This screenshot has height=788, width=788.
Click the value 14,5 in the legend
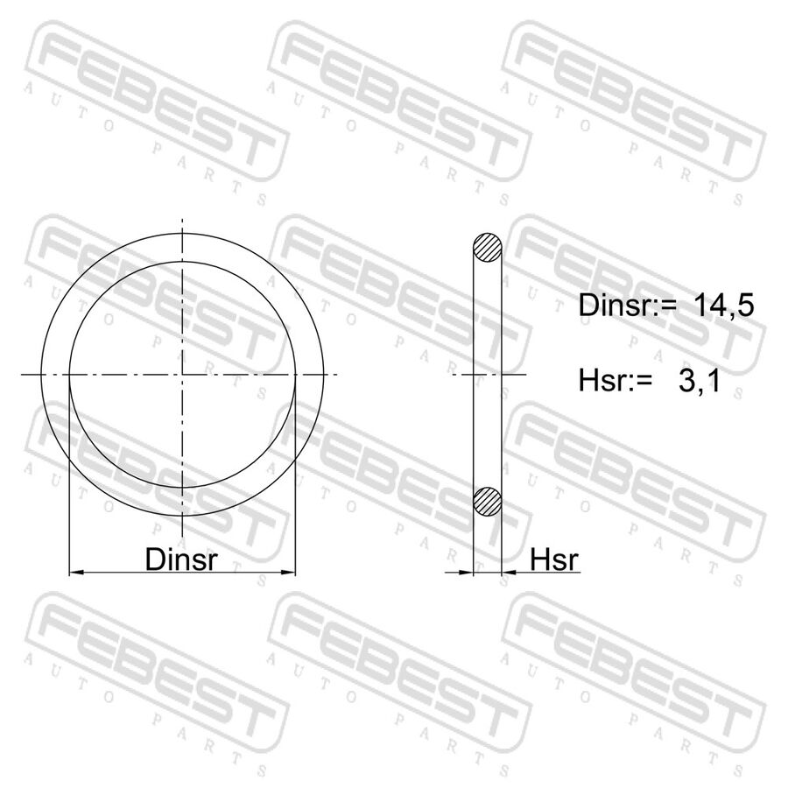pos(724,305)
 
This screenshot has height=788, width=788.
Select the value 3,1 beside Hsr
pos(699,381)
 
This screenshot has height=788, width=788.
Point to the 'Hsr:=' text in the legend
pos(616,381)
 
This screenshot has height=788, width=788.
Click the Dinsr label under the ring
pos(181,559)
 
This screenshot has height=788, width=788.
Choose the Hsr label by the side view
pos(554,559)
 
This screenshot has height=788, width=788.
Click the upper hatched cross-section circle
pos(488,247)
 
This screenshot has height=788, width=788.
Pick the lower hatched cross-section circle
pos(488,501)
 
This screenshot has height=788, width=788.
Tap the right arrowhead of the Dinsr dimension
pos(288,572)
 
